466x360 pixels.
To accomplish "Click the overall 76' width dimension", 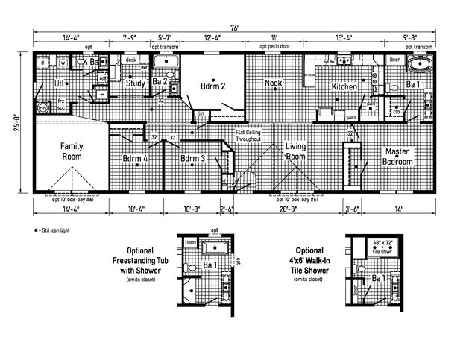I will tap(233, 27).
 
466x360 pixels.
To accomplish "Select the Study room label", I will tap(135, 83).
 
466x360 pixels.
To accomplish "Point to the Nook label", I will tap(274, 84).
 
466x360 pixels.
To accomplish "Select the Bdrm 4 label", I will tap(135, 159).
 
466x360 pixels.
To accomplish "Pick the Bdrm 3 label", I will tap(192, 159).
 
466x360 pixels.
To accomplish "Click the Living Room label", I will tap(296, 152).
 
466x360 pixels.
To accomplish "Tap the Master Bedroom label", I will tap(397, 157).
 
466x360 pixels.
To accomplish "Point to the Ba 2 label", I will tap(159, 83).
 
